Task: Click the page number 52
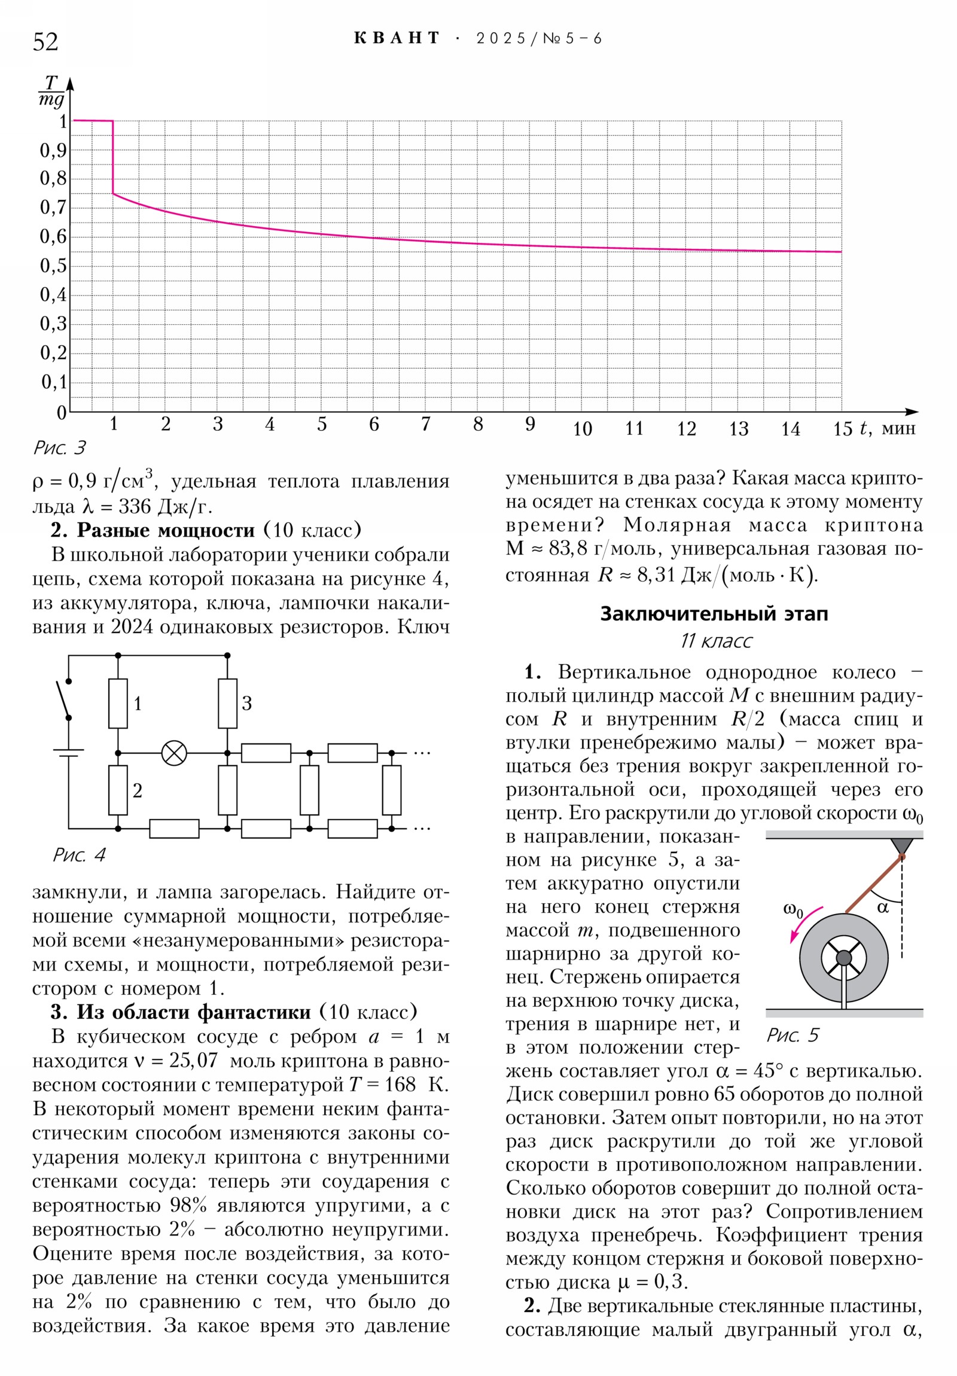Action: (x=45, y=42)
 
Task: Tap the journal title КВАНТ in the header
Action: (x=397, y=38)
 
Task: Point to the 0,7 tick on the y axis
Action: (x=53, y=208)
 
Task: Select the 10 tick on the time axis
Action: (x=582, y=429)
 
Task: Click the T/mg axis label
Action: (x=51, y=91)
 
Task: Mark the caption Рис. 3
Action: (x=59, y=447)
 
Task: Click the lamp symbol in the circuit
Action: (x=175, y=753)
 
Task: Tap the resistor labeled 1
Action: (x=118, y=704)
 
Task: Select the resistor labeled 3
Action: (x=228, y=704)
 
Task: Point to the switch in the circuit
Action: (x=63, y=699)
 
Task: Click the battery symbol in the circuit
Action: (x=68, y=753)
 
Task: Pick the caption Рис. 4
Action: (x=79, y=855)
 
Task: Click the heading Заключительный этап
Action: (x=714, y=614)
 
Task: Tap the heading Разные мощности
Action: (x=166, y=531)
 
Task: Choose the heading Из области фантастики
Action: (x=194, y=1012)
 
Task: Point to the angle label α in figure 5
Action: (x=883, y=908)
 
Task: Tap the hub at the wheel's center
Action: (x=844, y=958)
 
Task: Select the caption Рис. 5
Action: (x=792, y=1035)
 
